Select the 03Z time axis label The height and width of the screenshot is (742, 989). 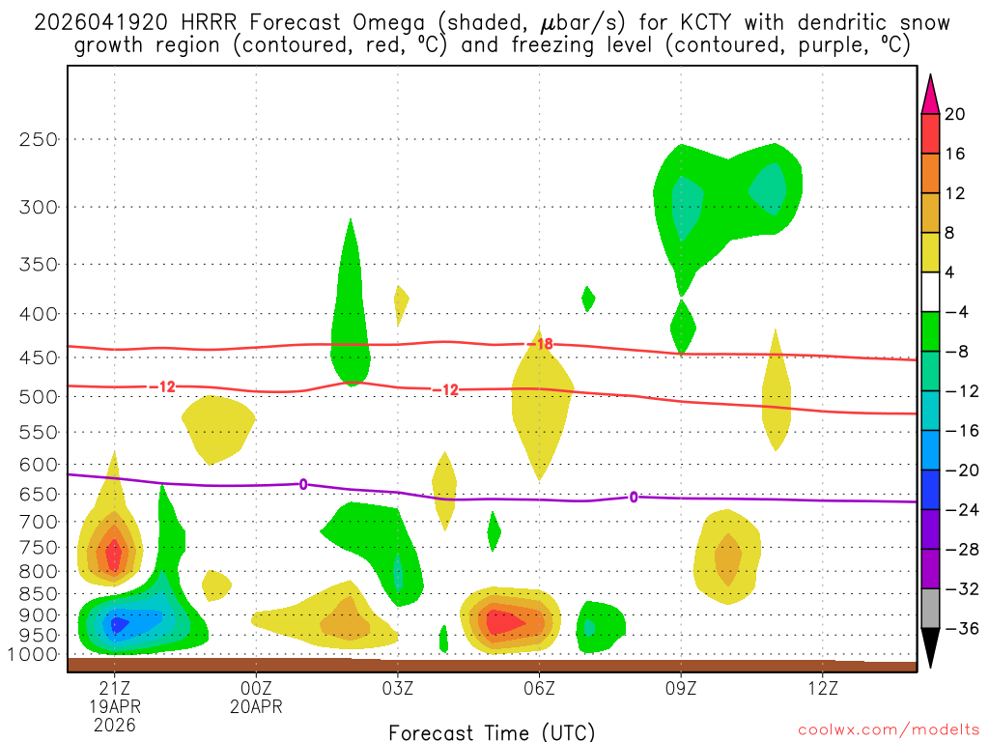(x=398, y=688)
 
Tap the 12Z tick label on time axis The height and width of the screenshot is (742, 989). (x=822, y=688)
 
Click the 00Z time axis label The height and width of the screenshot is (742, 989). (x=256, y=688)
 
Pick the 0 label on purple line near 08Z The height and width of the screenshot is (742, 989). (x=634, y=497)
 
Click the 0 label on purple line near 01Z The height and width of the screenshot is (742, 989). (x=303, y=484)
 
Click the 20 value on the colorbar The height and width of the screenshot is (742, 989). (x=955, y=114)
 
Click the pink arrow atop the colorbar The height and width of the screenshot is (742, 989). (x=930, y=93)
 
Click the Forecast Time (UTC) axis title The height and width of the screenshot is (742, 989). (x=492, y=731)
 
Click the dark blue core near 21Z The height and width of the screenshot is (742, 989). (x=119, y=625)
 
